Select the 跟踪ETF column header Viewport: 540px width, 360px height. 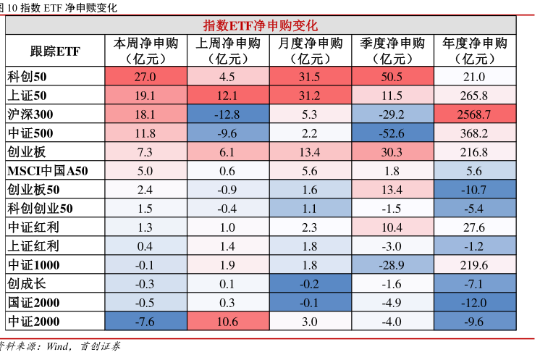[x=55, y=51]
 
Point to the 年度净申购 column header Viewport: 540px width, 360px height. [x=475, y=51]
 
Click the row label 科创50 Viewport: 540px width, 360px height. [x=27, y=77]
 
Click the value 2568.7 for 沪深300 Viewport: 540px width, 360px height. [x=475, y=114]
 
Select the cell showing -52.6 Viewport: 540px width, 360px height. [x=392, y=133]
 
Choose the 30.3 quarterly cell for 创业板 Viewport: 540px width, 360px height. [x=392, y=152]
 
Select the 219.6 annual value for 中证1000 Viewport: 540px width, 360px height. [x=475, y=265]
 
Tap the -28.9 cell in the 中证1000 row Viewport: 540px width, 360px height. [x=392, y=265]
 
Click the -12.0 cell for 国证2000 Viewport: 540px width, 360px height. [x=475, y=303]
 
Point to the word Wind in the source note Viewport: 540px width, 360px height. [x=56, y=346]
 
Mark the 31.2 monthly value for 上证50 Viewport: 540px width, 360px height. [x=309, y=96]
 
